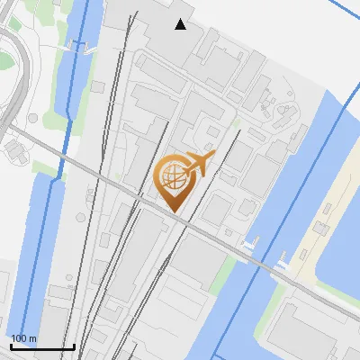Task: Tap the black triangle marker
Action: (x=181, y=24)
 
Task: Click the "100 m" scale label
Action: (x=23, y=338)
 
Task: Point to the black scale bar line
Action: (x=41, y=346)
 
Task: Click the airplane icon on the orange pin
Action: (x=198, y=163)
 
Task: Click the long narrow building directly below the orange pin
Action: (x=139, y=261)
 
